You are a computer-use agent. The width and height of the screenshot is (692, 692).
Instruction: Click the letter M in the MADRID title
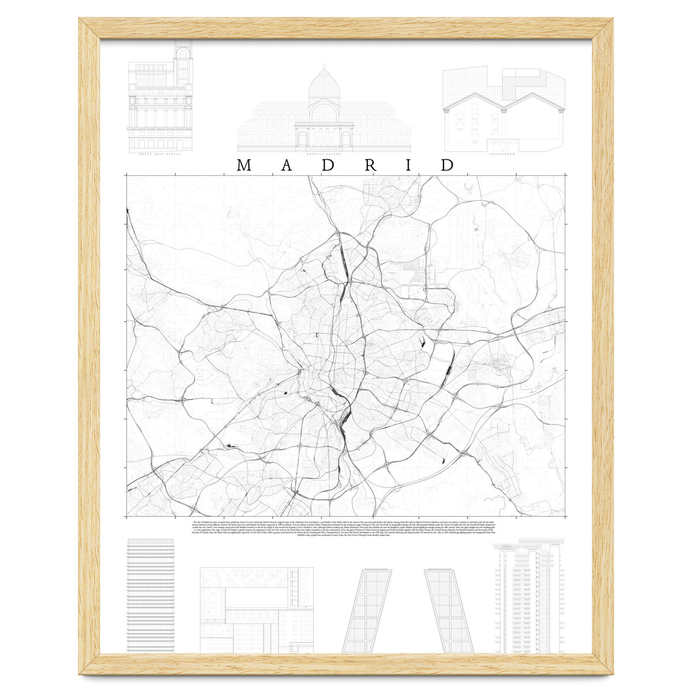point(244,165)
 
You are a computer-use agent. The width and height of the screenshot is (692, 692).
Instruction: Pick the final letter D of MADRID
point(447,165)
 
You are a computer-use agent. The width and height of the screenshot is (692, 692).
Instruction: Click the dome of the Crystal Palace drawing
point(324,85)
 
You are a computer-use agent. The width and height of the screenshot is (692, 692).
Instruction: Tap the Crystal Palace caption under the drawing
point(324,155)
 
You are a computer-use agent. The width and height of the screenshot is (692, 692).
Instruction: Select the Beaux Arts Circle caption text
point(160,155)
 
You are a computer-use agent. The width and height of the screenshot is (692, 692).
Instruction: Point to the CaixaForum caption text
point(501,155)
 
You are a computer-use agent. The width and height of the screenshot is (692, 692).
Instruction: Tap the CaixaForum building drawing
point(501,110)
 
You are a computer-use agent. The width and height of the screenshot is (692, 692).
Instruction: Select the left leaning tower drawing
point(368,611)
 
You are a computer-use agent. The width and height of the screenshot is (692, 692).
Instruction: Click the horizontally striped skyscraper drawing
point(151,597)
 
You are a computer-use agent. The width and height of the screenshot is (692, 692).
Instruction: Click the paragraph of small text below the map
point(346,529)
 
